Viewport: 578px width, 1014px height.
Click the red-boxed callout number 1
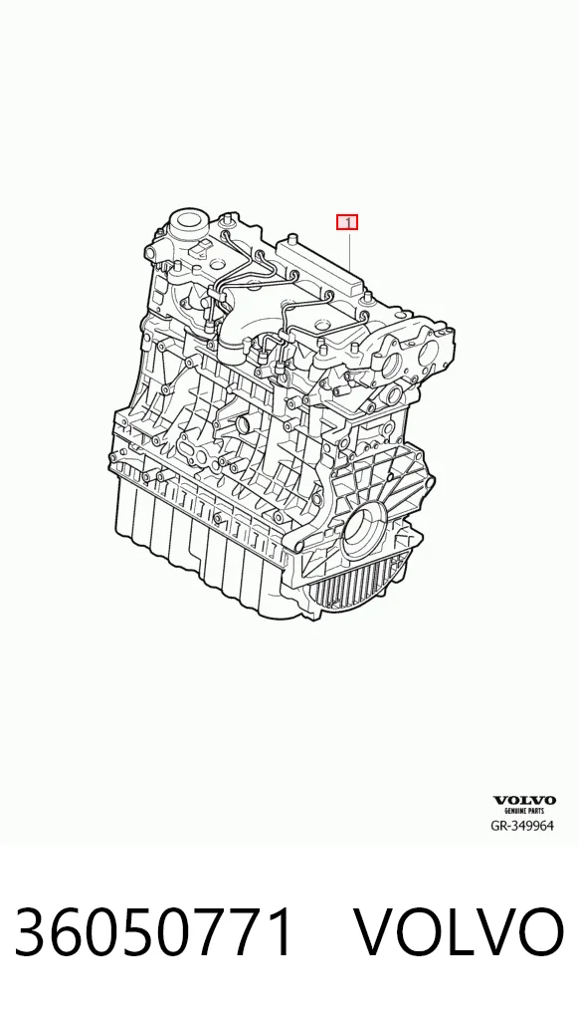tap(347, 222)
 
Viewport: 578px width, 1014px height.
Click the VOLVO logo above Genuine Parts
tap(524, 801)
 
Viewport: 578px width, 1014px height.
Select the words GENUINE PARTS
tap(524, 810)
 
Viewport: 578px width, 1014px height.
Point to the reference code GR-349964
tap(522, 826)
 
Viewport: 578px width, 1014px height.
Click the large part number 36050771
tap(154, 932)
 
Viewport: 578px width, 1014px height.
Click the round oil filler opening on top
tap(187, 220)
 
